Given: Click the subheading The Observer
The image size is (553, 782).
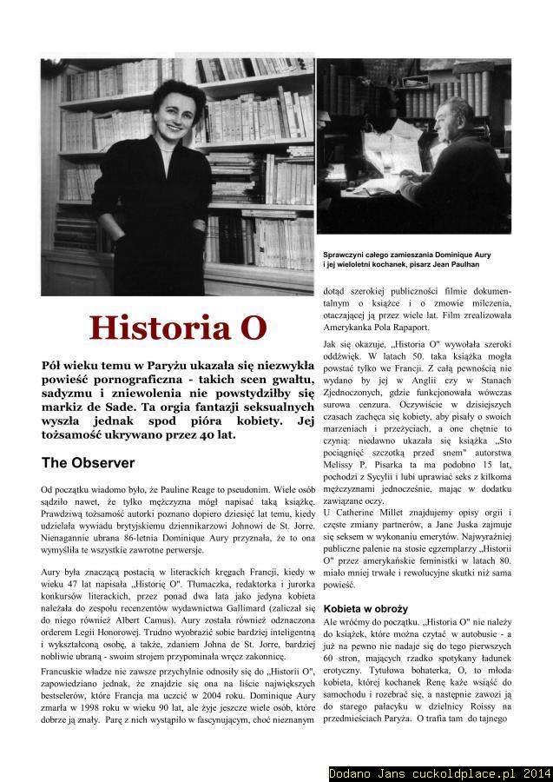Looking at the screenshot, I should click(x=88, y=462).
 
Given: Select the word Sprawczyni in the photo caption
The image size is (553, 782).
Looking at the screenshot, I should click(x=345, y=253).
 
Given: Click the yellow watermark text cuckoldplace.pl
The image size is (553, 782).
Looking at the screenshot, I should click(x=461, y=772).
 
